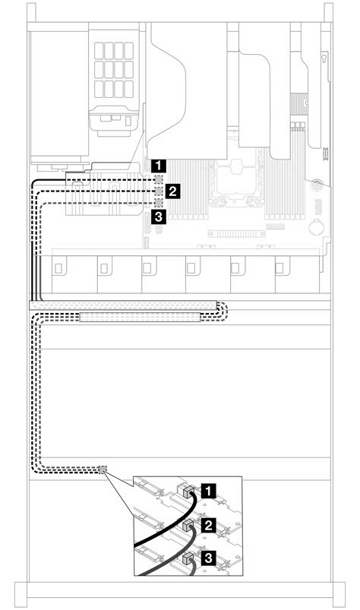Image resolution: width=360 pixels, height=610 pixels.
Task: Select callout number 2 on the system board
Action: (x=173, y=191)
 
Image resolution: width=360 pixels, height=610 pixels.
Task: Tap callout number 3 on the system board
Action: (x=157, y=217)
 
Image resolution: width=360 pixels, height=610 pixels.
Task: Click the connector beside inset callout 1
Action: (x=182, y=491)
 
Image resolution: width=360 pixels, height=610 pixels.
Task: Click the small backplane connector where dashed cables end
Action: (x=103, y=470)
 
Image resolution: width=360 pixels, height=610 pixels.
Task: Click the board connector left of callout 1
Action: (x=159, y=179)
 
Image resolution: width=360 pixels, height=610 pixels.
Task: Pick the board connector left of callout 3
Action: (x=159, y=203)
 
